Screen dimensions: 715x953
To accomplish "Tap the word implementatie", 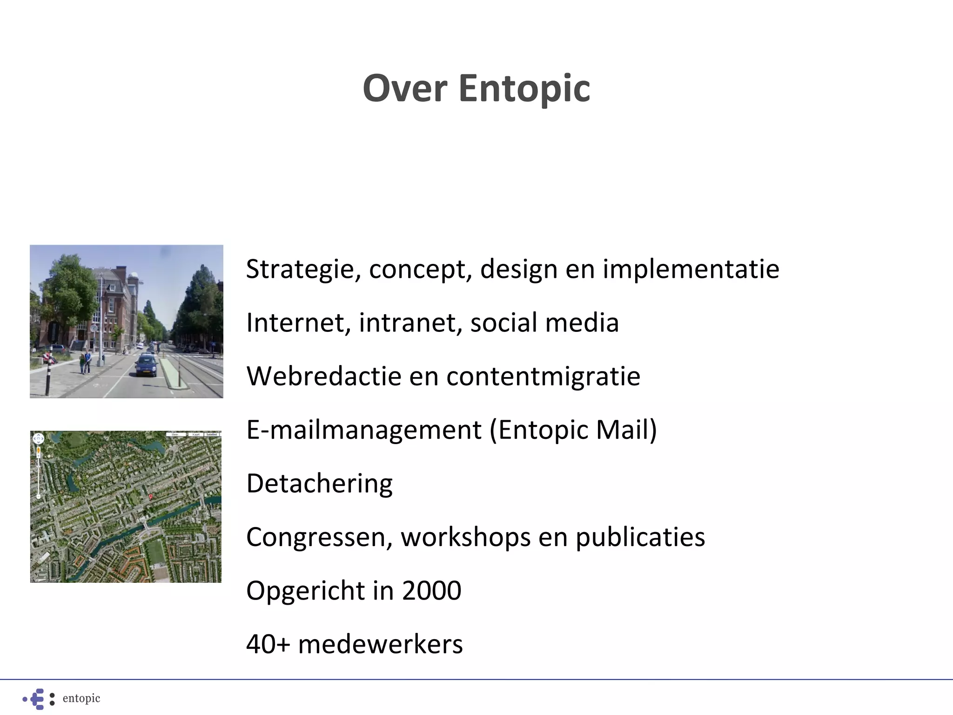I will coord(691,270).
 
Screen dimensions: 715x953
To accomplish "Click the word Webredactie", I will coord(323,376).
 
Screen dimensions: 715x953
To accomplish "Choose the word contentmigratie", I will coord(543,376).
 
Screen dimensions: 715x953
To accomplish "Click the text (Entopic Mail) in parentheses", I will coord(573,430).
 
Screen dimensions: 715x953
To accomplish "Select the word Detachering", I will coord(319,483).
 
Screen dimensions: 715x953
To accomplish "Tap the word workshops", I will coord(465,537).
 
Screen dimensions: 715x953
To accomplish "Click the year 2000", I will coord(431,590).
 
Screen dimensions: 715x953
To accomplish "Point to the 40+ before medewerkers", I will coord(268,644).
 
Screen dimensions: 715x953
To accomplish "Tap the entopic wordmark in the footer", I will coord(81,698).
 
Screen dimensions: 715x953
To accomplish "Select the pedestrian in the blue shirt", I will coord(87,361).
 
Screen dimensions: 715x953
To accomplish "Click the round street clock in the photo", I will coord(94,328).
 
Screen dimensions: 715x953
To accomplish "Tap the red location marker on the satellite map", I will coord(150,498).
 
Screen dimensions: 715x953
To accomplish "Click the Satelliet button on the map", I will coord(212,434).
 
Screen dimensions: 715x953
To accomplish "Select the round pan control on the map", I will coord(39,438).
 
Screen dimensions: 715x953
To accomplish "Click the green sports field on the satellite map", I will coord(155,551).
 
